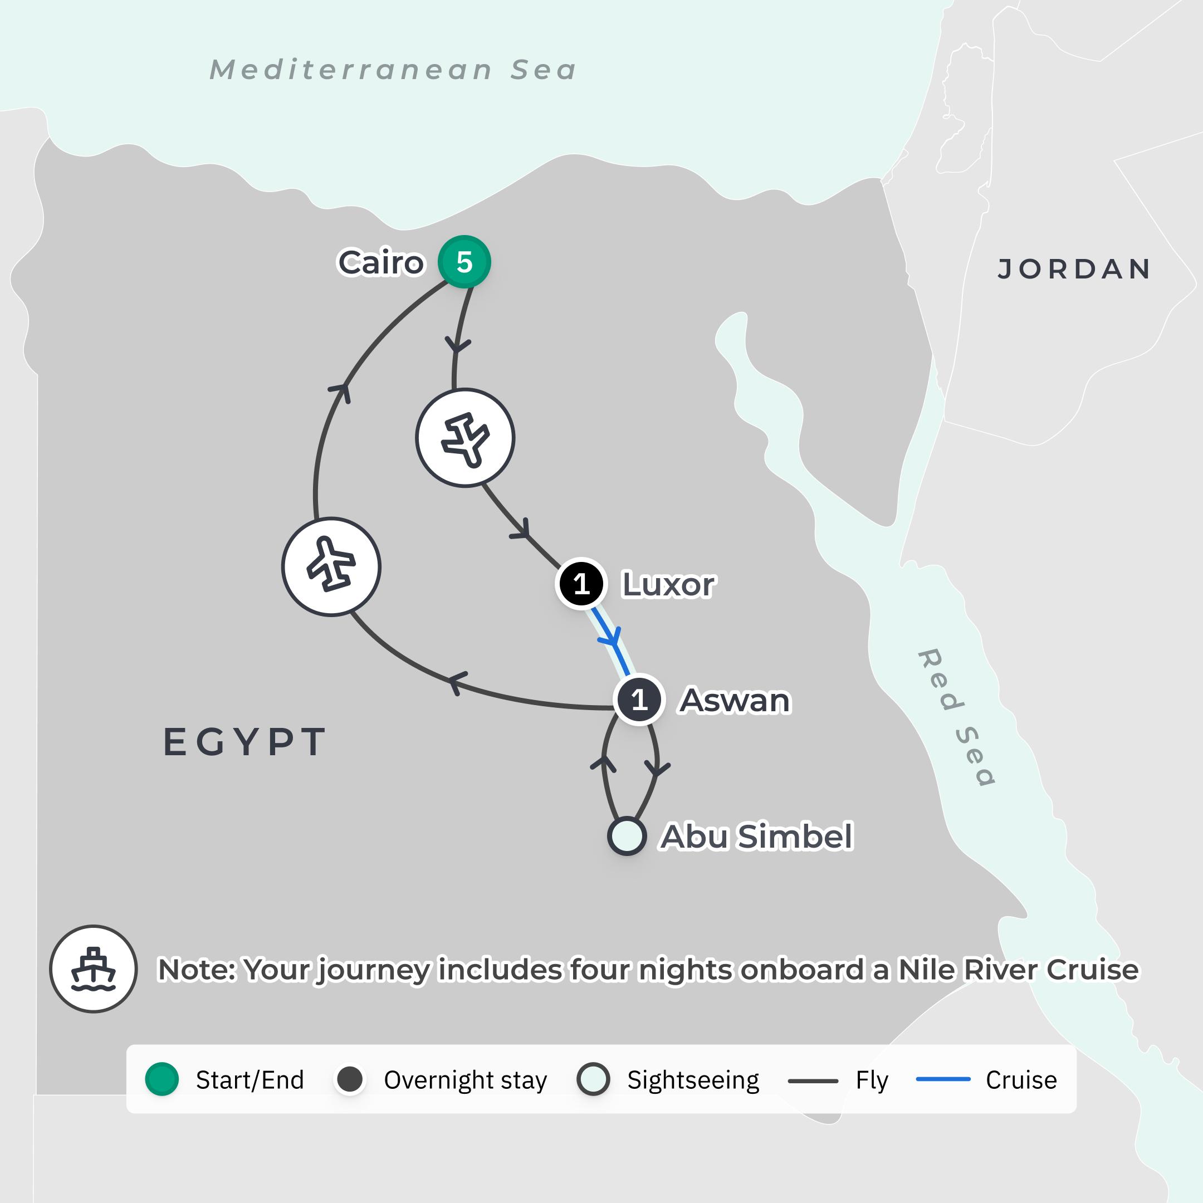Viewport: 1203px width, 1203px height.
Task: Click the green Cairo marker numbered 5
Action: (x=464, y=262)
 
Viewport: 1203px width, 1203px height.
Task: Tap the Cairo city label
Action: (x=380, y=262)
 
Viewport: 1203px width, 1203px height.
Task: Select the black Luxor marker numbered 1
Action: (x=581, y=584)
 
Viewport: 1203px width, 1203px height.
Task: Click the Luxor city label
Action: (x=669, y=584)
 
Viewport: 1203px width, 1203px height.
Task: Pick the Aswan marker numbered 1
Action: (x=639, y=700)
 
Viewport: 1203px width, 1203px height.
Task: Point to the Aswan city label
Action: (x=735, y=700)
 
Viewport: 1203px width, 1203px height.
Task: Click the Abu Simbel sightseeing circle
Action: (x=627, y=835)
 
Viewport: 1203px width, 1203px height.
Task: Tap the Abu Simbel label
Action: (x=756, y=835)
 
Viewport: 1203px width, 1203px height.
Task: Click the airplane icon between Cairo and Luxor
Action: (x=465, y=438)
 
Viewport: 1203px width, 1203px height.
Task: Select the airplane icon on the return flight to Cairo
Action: (x=331, y=566)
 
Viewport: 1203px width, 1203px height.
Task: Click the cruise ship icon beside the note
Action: (x=94, y=969)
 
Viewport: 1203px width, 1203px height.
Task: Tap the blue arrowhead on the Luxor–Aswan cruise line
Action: (x=613, y=638)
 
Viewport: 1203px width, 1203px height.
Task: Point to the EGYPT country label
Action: (x=244, y=742)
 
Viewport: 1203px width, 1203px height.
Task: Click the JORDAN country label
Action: (x=1074, y=269)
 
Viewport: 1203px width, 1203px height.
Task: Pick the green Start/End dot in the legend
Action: (x=162, y=1079)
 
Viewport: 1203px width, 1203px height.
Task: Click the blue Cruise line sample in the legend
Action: (x=943, y=1079)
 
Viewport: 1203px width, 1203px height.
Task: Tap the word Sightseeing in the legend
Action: (x=693, y=1080)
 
